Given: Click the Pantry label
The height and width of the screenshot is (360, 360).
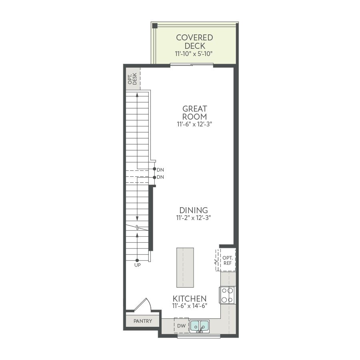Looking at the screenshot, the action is pos(143,321).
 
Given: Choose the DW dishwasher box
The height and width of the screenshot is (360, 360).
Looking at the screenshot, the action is pos(181,326).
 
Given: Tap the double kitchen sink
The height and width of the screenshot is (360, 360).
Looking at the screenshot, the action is pos(200,326).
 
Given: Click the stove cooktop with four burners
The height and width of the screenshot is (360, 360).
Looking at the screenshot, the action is pos(227,295).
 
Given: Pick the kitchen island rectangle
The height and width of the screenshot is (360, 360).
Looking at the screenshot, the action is pos(185,268).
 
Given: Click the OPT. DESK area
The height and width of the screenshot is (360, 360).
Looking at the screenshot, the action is pos(133,79).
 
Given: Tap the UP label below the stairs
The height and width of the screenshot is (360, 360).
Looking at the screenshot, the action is pos(138,265).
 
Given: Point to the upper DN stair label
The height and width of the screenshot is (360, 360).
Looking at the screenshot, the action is pos(160,170).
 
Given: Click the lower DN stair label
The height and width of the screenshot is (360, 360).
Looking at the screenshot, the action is pos(160,177).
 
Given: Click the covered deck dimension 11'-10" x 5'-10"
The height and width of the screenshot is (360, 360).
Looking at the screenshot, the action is pos(194,54).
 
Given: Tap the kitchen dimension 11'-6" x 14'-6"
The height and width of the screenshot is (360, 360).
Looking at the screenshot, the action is pos(190,306).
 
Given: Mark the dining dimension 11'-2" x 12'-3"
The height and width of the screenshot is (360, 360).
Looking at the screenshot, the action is pos(194,218).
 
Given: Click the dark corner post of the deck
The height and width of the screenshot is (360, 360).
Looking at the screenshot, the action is pos(155,26).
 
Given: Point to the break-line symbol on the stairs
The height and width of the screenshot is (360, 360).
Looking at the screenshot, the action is pos(137,228).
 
